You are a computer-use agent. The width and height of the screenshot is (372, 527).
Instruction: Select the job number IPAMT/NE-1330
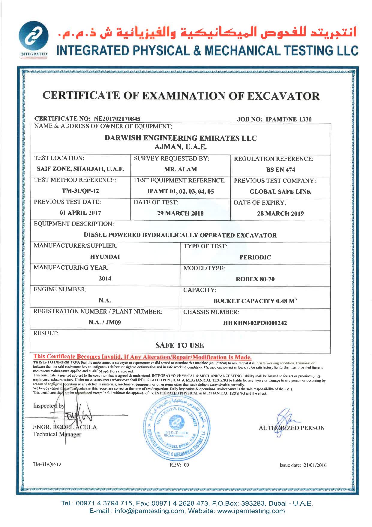(289, 119)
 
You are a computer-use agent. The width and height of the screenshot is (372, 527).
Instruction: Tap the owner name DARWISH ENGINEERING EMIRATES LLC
(181, 138)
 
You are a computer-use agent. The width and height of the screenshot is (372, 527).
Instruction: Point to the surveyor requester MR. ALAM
(180, 169)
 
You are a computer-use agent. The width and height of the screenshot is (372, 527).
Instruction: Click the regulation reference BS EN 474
(280, 170)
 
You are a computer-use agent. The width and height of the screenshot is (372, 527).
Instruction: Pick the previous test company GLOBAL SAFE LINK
(280, 191)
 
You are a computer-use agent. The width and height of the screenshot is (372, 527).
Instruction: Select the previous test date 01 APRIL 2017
(80, 213)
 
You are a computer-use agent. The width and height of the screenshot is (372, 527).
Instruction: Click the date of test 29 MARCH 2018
(180, 213)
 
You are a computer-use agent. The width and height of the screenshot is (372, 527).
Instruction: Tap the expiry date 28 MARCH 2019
(280, 214)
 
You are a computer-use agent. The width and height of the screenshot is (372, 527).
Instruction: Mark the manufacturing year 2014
(105, 278)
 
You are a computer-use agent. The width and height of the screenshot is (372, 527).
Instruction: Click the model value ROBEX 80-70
(255, 279)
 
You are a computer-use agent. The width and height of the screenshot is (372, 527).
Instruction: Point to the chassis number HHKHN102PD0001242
(255, 323)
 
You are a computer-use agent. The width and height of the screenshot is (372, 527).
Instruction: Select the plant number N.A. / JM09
(105, 322)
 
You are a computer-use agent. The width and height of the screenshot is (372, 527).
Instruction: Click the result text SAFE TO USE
(179, 345)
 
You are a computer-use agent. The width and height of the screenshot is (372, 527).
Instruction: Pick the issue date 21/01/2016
(314, 465)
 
